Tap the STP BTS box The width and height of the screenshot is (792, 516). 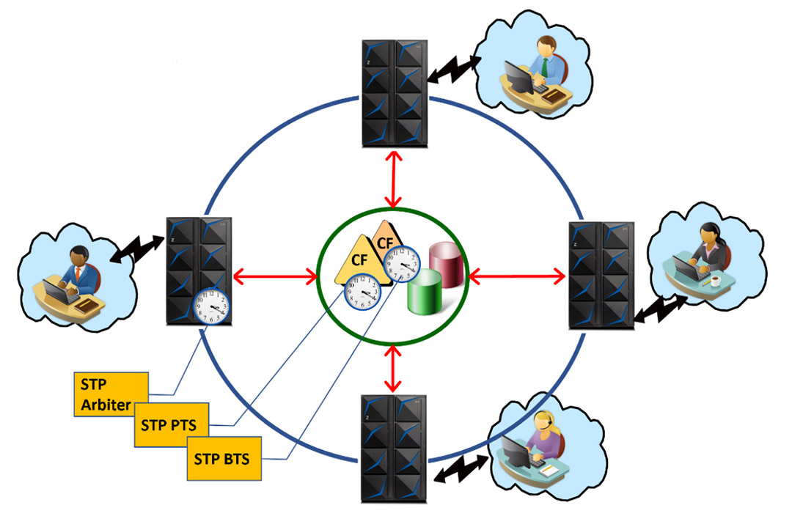coord(223,460)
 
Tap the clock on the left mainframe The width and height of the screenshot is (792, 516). coord(211,306)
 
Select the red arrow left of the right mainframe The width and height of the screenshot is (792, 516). coord(518,276)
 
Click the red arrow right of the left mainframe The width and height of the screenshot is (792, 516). coord(275,277)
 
